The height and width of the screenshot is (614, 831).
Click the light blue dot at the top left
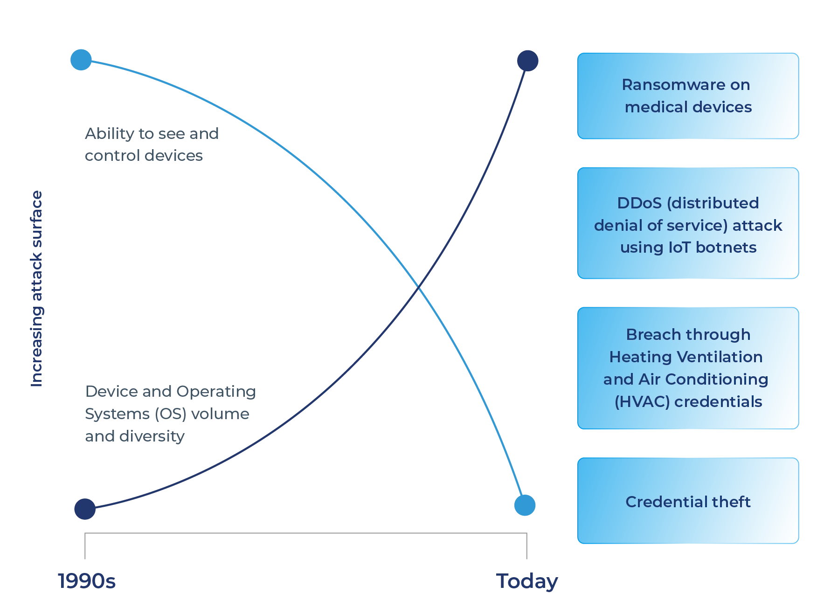[x=81, y=60]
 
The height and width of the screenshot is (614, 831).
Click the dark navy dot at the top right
[x=527, y=61]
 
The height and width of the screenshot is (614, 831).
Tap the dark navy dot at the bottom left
[x=85, y=508]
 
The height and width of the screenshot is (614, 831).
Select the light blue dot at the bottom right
[x=524, y=505]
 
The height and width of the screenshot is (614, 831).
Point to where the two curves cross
[x=420, y=285]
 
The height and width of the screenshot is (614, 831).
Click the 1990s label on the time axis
[x=86, y=581]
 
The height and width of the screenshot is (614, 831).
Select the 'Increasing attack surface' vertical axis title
[x=37, y=289]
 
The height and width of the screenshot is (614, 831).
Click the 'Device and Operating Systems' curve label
[x=170, y=414]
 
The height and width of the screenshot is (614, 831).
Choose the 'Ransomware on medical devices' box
[x=688, y=96]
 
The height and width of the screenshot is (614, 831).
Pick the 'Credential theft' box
[x=688, y=500]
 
